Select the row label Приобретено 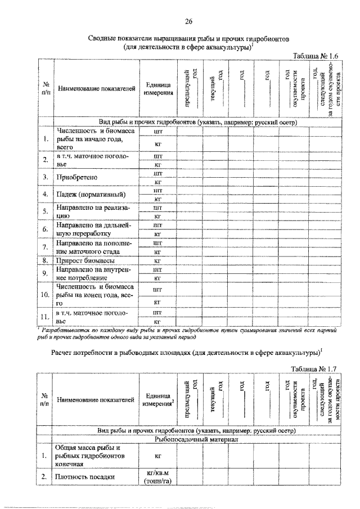tap(78, 178)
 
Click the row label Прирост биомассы tap(85, 261)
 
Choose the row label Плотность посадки tap(85, 478)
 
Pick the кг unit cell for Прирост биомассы tap(158, 261)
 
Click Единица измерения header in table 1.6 tap(158, 89)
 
